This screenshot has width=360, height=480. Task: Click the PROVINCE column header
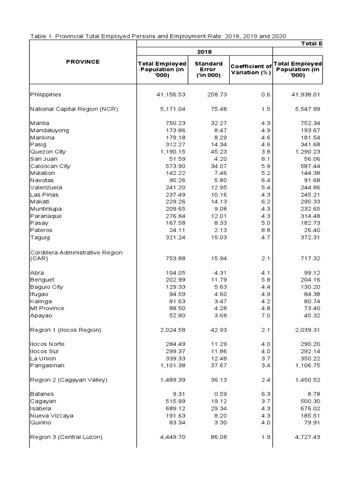point(83,61)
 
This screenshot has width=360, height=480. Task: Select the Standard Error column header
point(209,69)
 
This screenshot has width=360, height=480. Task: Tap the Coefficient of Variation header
point(251,69)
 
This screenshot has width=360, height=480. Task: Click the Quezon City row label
point(48,152)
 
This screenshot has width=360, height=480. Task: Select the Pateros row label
point(41,230)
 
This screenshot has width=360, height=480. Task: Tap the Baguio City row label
point(46,287)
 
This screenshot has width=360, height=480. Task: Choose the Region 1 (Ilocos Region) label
point(66,330)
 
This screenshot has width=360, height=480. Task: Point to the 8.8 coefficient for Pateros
point(266,230)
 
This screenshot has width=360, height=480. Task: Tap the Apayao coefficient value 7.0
point(266,315)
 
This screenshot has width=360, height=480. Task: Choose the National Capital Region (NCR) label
point(74,109)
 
